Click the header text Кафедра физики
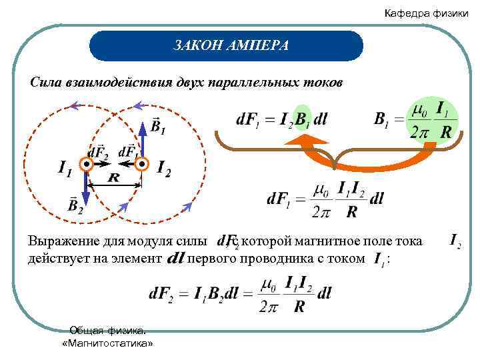pyautogui.click(x=426, y=13)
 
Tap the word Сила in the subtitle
pyautogui.click(x=47, y=83)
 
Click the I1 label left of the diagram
pyautogui.click(x=65, y=170)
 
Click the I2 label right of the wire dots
pyautogui.click(x=163, y=170)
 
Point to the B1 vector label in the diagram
pyautogui.click(x=158, y=126)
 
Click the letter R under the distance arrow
pyautogui.click(x=114, y=177)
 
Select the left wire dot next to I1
pyautogui.click(x=86, y=163)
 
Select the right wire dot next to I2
pyautogui.click(x=141, y=163)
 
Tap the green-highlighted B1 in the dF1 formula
pyautogui.click(x=303, y=121)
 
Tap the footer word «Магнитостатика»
pyautogui.click(x=107, y=343)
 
